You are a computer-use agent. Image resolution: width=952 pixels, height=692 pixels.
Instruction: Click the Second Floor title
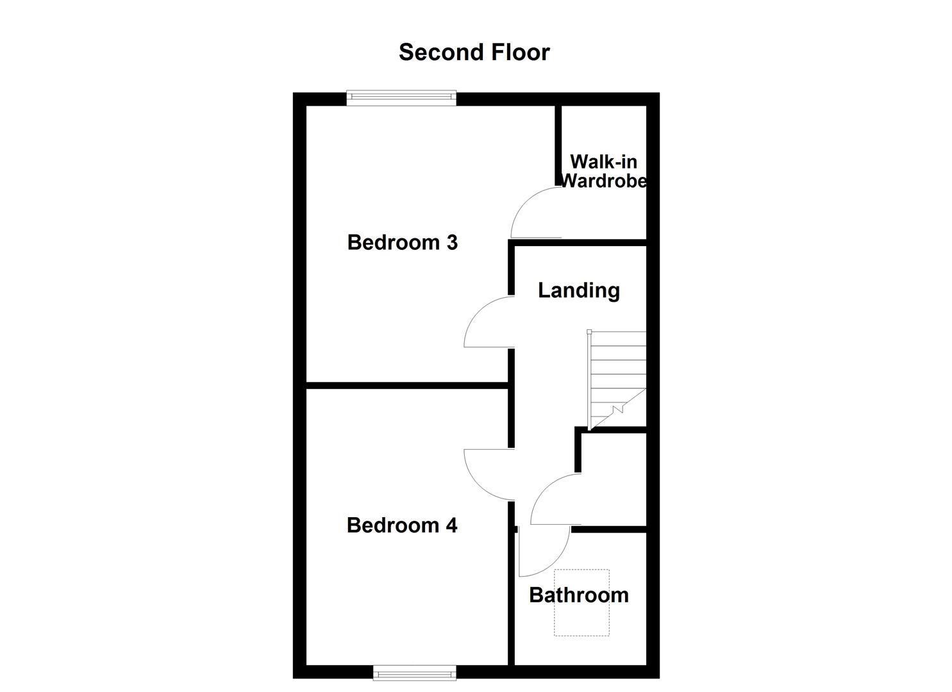pos(474,52)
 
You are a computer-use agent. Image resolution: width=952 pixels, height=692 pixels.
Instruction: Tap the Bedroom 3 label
pos(402,242)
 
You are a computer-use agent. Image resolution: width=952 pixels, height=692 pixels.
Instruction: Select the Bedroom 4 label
pos(402,525)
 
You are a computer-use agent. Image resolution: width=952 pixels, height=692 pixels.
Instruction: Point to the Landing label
pos(578,290)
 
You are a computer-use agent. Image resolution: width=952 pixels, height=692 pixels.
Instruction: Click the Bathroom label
pos(578,595)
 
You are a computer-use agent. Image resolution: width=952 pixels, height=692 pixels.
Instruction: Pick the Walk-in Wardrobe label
pos(603,171)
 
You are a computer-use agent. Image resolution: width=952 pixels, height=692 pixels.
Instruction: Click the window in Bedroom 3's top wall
pos(401,97)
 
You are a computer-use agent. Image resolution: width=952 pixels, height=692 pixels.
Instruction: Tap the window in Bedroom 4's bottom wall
pos(415,672)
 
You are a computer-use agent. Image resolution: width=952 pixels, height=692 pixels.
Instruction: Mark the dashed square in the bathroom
pos(581,602)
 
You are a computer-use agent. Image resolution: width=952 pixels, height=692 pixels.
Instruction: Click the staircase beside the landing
pos(617,378)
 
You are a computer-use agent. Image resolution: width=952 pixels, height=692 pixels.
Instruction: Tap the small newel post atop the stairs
pos(589,331)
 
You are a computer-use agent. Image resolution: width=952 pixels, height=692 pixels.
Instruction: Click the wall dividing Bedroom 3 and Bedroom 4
pos(407,385)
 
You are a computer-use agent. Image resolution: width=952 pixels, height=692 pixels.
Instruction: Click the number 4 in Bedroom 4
pos(451,525)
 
